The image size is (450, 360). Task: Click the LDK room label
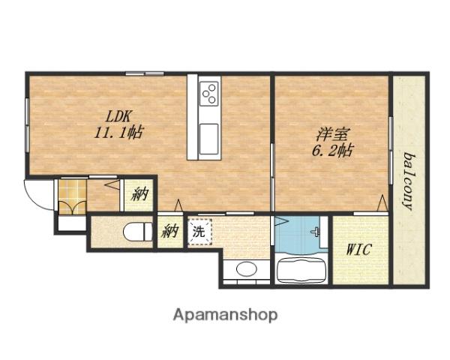[x=118, y=116]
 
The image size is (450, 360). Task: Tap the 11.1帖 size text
[x=118, y=133]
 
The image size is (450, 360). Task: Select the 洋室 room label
[x=333, y=134]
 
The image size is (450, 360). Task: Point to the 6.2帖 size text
[x=332, y=150]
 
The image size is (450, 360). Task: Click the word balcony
[x=409, y=181]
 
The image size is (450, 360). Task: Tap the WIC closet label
[x=359, y=250]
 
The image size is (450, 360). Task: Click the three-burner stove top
[x=209, y=93]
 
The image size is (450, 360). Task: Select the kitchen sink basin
[x=209, y=139]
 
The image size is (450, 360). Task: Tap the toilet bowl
[x=138, y=232]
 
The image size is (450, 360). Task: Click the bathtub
[x=301, y=269]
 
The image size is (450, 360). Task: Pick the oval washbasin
[x=247, y=269]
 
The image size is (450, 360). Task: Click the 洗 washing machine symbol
[x=199, y=232]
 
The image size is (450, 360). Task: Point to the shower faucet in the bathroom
[x=316, y=232]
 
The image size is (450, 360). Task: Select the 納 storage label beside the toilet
[x=170, y=232]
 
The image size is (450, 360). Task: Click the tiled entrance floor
[x=72, y=197]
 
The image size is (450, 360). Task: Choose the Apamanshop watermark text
[x=225, y=315]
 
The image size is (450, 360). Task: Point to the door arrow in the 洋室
[x=382, y=203]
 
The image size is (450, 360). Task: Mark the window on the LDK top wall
[x=145, y=73]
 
